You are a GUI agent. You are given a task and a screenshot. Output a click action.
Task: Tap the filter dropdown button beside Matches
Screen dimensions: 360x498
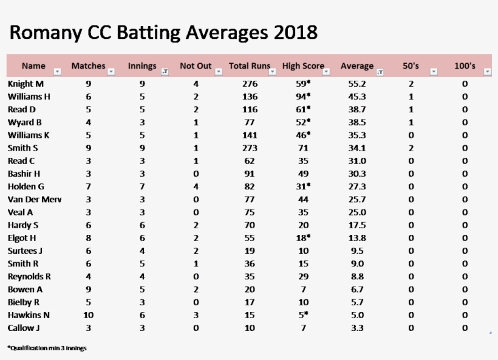tap(111, 72)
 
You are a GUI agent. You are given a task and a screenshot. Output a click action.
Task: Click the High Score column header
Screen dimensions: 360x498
tap(303, 66)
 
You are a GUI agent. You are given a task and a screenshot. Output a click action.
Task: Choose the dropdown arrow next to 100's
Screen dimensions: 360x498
tap(487, 72)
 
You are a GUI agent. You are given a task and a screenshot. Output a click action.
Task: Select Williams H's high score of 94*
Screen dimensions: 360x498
tap(303, 97)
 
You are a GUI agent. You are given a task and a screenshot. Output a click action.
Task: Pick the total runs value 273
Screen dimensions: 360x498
tap(250, 148)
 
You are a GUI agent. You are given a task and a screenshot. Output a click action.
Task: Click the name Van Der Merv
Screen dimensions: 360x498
tap(35, 199)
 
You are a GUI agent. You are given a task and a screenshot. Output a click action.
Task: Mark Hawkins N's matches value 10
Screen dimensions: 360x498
tap(89, 315)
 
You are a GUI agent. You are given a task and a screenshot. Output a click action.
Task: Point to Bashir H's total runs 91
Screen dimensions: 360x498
tap(250, 174)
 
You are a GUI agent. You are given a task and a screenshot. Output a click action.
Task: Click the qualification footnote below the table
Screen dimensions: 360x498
tap(47, 348)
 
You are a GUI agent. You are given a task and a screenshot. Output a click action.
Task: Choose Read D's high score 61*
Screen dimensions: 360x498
tap(303, 109)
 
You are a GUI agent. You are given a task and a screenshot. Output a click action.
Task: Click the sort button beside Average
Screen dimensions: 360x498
tap(380, 72)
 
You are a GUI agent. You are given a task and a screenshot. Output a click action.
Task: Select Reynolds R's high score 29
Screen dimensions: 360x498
tap(303, 276)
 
